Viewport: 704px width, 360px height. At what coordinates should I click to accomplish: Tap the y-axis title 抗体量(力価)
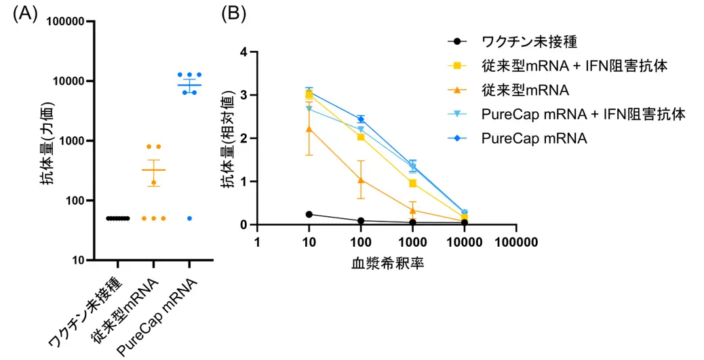[x=45, y=141]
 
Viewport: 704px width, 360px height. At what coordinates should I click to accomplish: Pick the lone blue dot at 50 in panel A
[x=190, y=218]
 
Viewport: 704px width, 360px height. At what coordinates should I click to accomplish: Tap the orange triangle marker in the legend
[x=457, y=90]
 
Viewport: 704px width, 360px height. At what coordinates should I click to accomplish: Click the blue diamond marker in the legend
[x=457, y=138]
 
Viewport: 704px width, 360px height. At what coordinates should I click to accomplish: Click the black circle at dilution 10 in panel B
[x=309, y=214]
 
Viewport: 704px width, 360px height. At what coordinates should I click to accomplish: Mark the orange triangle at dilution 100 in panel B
[x=361, y=180]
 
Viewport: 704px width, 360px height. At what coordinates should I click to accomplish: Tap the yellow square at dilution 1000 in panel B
[x=412, y=183]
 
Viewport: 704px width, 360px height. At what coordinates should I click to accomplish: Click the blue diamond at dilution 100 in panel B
[x=361, y=119]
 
